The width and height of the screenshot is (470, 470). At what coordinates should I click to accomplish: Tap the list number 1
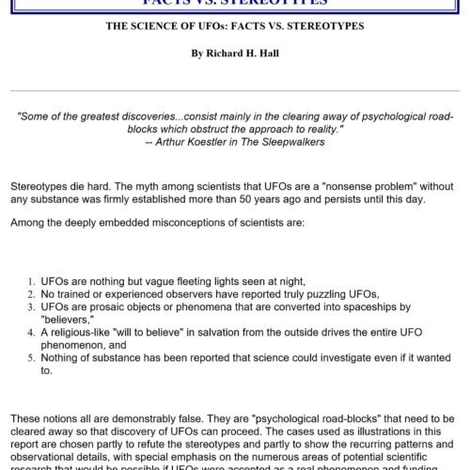[31, 281]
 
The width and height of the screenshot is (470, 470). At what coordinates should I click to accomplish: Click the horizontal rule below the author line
[235, 91]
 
